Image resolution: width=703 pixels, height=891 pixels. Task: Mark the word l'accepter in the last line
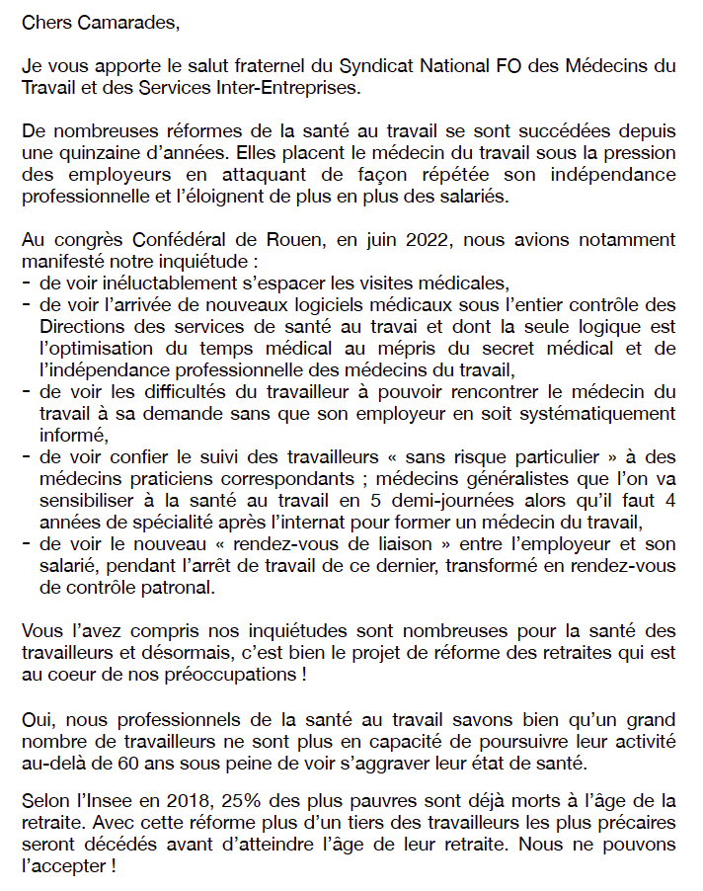[x=62, y=868]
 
